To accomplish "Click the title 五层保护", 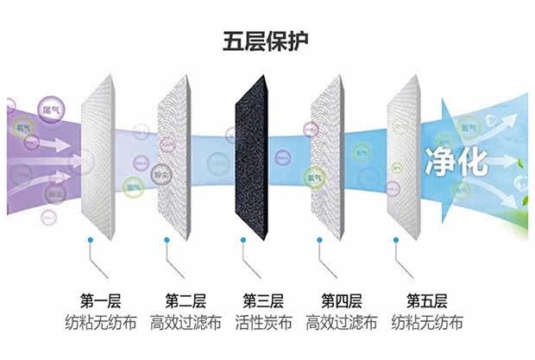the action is (x=268, y=41).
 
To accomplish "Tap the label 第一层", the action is (x=101, y=301).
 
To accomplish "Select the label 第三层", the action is (x=263, y=301).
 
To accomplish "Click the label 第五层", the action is (x=425, y=301).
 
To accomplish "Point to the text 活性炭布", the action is (x=263, y=324).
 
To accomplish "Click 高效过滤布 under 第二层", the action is (x=186, y=324).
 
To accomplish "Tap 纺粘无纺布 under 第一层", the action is (x=101, y=324).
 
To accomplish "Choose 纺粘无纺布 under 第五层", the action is (x=425, y=324).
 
